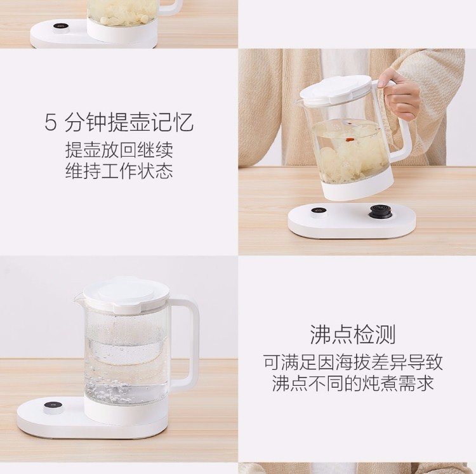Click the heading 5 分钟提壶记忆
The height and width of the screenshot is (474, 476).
119,122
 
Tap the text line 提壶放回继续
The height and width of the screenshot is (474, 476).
119,150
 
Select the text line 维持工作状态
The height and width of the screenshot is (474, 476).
119,171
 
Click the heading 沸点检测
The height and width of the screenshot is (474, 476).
353,334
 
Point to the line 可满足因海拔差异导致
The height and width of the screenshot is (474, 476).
353,362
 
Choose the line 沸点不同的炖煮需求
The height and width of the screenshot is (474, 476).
353,383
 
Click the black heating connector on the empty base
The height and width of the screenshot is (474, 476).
380,211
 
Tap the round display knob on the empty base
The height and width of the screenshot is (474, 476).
319,213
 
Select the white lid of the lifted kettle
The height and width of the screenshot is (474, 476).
336,89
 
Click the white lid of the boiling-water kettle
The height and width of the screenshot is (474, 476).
124,293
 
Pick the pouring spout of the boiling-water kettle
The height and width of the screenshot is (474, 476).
77,299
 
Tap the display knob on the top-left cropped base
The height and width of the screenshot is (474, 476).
61,27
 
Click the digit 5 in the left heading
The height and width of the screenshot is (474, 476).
51,122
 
